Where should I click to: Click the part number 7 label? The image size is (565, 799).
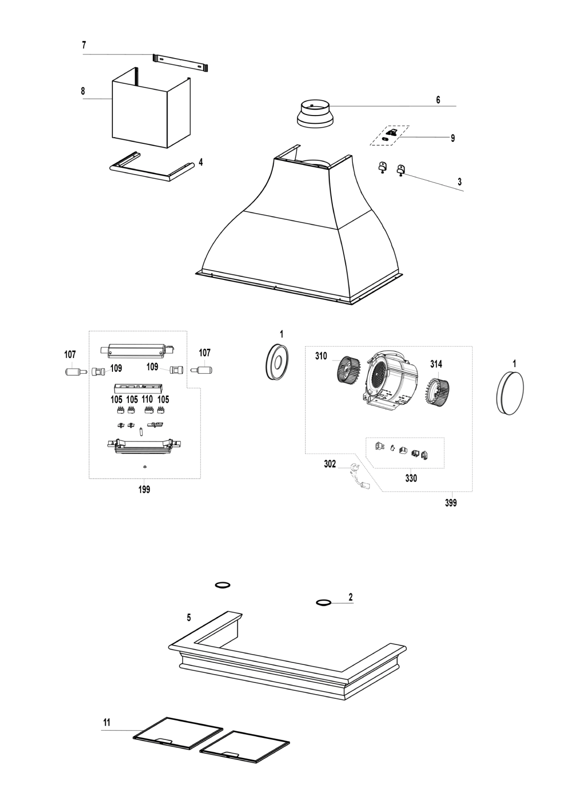coord(84,45)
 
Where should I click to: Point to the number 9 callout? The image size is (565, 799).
coord(453,138)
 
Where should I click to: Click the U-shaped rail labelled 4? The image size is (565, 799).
coord(152,170)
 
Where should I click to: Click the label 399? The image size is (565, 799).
coord(451,504)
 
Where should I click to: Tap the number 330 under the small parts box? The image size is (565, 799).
coord(410,479)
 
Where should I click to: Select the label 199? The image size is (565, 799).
coord(144,490)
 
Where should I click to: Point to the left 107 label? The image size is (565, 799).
coord(70,354)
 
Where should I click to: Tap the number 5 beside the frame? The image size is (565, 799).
coord(189,618)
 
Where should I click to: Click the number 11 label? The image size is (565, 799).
coord(106,722)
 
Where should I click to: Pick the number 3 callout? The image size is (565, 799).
coord(460,181)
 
